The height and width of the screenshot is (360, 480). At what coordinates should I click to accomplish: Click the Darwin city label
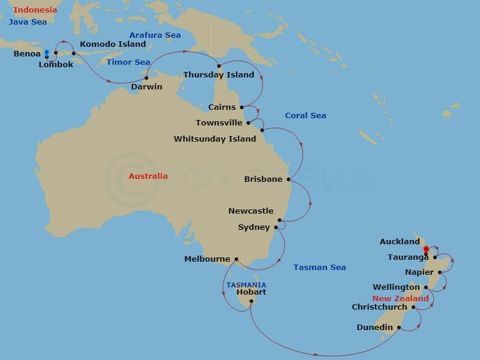pyautogui.click(x=146, y=86)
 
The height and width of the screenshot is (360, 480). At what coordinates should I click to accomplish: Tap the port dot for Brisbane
pyautogui.click(x=289, y=179)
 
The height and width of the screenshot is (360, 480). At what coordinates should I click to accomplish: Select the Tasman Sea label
pyautogui.click(x=319, y=268)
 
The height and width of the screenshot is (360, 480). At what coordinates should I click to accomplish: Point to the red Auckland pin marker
pyautogui.click(x=426, y=250)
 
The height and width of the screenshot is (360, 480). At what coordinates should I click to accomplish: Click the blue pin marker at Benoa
pyautogui.click(x=47, y=53)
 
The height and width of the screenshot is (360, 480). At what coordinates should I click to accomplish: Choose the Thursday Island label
pyautogui.click(x=218, y=75)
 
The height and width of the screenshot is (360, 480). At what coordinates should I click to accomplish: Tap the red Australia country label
pyautogui.click(x=148, y=176)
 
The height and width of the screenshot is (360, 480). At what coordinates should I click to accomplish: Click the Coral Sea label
pyautogui.click(x=305, y=115)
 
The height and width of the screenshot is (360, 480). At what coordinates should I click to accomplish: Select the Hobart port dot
pyautogui.click(x=251, y=302)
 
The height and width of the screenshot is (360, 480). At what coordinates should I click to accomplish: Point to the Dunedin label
pyautogui.click(x=374, y=328)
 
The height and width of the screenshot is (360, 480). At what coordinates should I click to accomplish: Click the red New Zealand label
pyautogui.click(x=400, y=298)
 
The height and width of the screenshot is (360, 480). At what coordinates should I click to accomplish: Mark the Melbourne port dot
pyautogui.click(x=236, y=259)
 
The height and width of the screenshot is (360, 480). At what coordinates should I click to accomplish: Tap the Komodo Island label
pyautogui.click(x=113, y=44)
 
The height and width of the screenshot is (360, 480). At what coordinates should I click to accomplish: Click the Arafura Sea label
pyautogui.click(x=155, y=35)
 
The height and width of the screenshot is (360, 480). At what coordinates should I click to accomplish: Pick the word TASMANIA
pyautogui.click(x=246, y=285)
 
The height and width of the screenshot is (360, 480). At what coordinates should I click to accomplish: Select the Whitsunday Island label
pyautogui.click(x=215, y=139)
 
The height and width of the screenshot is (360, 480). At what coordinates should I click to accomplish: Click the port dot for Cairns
pyautogui.click(x=242, y=107)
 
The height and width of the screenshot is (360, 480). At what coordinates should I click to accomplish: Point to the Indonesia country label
pyautogui.click(x=35, y=10)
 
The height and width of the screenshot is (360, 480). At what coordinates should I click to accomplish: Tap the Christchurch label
pyautogui.click(x=379, y=307)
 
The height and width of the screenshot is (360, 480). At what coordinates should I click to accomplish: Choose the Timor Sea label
pyautogui.click(x=128, y=62)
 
